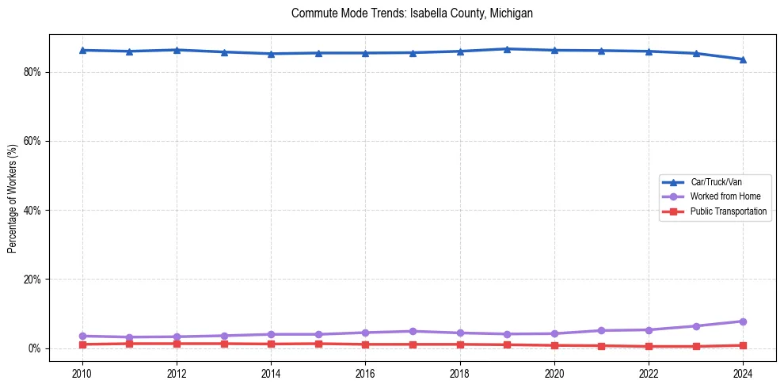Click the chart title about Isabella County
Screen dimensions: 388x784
412,13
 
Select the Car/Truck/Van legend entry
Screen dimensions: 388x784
716,182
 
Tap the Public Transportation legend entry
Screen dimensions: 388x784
728,211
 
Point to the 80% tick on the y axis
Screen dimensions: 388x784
32,72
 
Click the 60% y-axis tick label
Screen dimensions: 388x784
32,141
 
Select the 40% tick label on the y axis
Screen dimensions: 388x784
32,211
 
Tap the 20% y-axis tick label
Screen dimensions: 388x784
32,280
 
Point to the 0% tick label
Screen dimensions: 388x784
34,349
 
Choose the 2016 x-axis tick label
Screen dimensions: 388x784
365,373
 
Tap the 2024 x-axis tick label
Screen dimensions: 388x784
743,373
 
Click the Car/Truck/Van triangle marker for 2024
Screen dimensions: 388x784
743,59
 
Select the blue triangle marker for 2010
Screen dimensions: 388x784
82,50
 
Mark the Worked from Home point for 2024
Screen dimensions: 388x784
743,321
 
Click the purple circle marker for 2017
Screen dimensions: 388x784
413,331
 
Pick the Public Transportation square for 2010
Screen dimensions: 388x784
82,344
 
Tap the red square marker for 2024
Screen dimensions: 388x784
743,345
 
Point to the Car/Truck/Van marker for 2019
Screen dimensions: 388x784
507,49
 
